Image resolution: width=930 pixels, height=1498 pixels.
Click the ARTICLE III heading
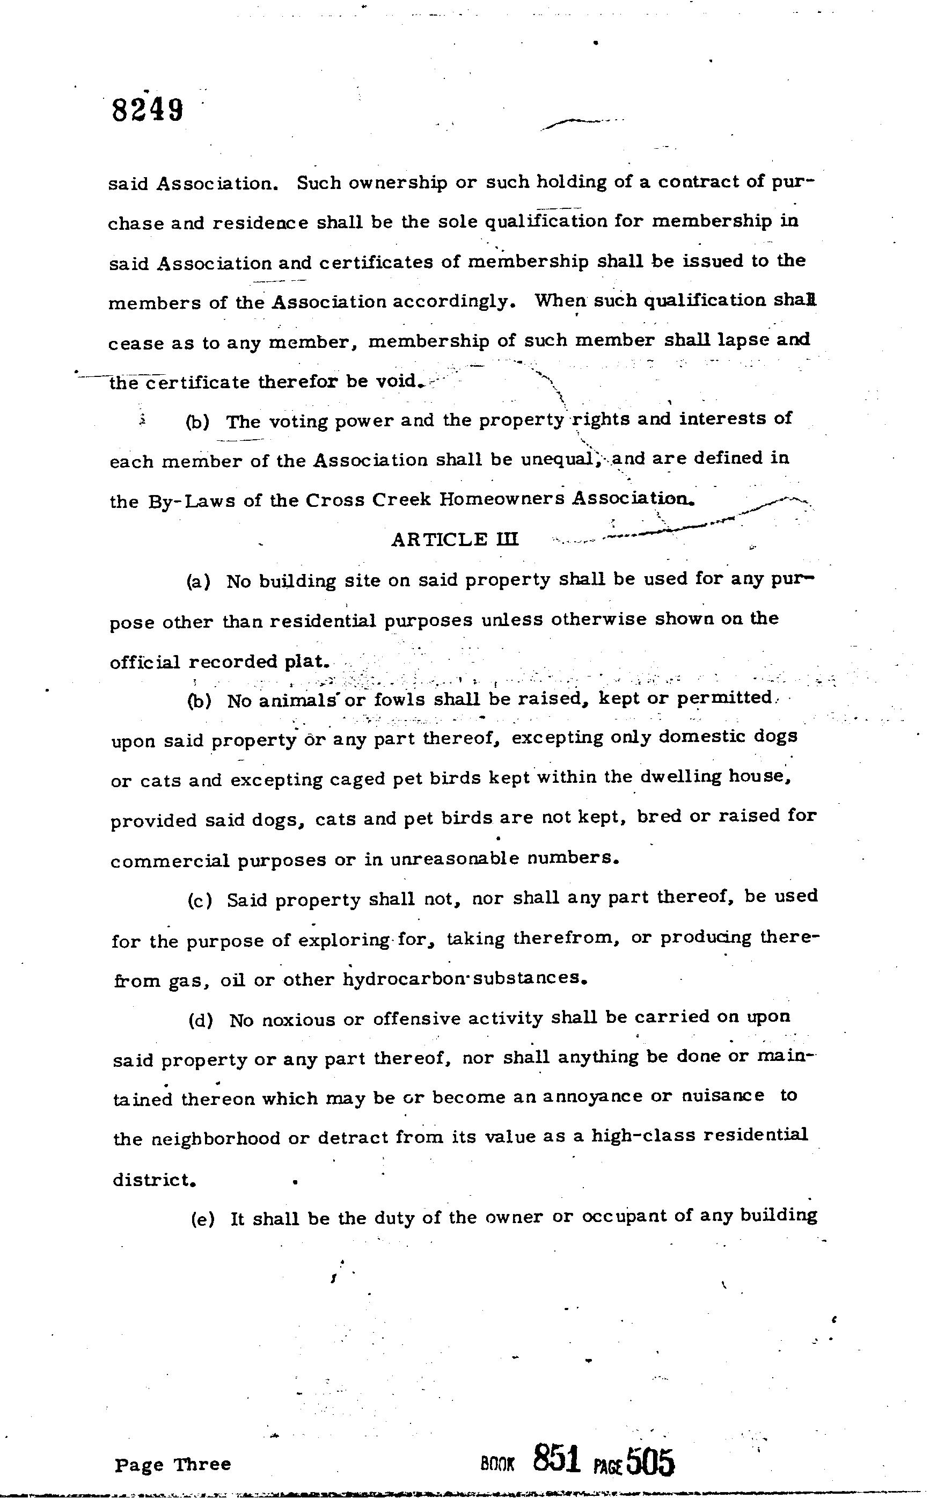[x=455, y=540]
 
